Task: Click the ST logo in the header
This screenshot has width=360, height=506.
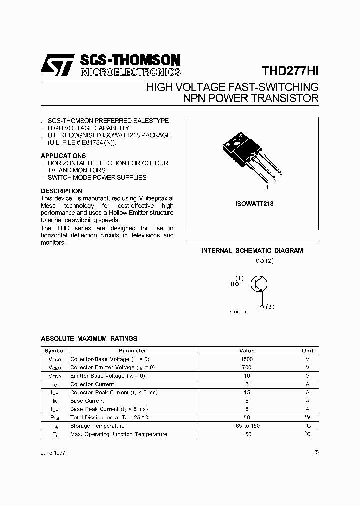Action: point(57,65)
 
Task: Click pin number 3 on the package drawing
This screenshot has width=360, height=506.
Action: point(281,176)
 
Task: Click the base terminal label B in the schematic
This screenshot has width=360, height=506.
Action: point(232,284)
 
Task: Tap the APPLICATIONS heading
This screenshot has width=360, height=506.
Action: point(63,156)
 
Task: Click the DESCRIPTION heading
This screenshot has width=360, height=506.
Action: point(61,191)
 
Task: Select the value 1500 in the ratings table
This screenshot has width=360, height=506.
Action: point(247,359)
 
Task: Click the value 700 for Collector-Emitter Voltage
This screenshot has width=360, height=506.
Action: point(247,367)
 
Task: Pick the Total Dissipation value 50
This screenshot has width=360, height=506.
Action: point(247,417)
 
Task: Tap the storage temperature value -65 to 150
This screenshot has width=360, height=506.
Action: point(247,426)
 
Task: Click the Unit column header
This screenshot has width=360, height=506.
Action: point(307,351)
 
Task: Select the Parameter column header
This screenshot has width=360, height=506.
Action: point(132,351)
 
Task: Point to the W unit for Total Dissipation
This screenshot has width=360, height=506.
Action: point(307,417)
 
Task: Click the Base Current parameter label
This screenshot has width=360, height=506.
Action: point(87,401)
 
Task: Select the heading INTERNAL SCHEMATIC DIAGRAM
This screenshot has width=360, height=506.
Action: point(252,251)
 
